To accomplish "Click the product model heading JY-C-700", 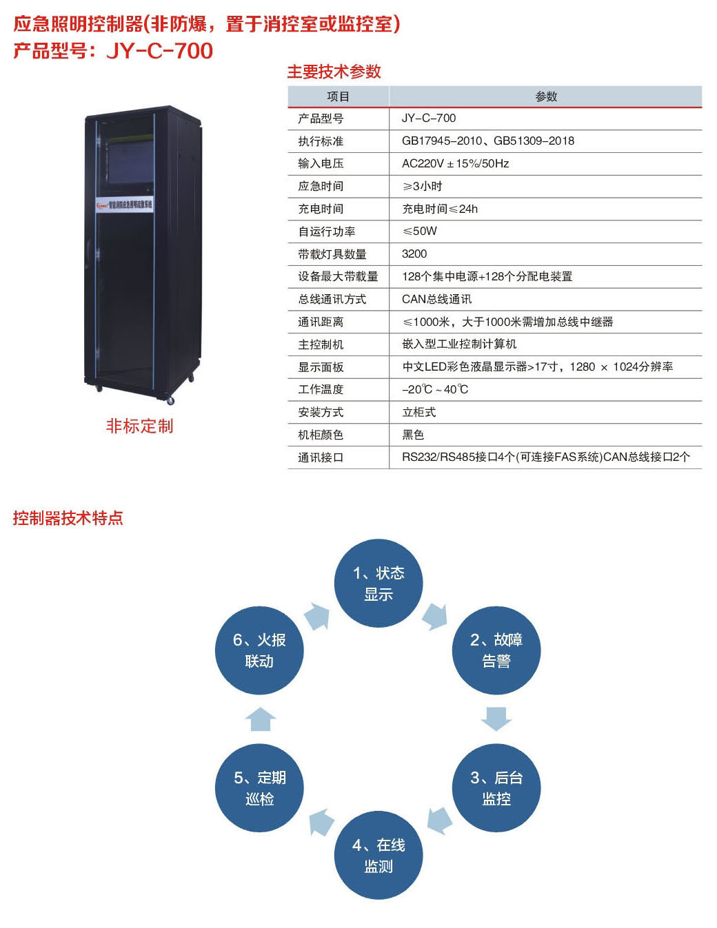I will [x=113, y=50].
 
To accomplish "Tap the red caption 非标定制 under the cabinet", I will [x=139, y=426].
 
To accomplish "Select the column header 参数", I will [x=545, y=96].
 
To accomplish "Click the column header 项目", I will [x=338, y=96].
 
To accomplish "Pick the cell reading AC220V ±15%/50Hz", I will [x=455, y=163].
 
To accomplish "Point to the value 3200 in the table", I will [x=414, y=254].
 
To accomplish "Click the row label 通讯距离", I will [x=321, y=322].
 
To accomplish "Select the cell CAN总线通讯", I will [x=437, y=299].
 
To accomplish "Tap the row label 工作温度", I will [x=321, y=389].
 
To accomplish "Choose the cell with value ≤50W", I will [x=419, y=231].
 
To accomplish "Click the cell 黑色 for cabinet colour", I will [x=413, y=435].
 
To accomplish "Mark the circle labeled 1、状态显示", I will [x=378, y=583].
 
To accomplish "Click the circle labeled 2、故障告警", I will [x=496, y=650].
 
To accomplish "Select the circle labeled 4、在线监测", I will [x=378, y=855].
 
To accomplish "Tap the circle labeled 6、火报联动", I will [x=259, y=650].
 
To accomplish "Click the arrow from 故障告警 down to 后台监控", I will [x=496, y=718].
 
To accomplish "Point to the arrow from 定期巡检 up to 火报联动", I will [x=261, y=719].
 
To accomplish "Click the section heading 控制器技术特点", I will [x=68, y=517].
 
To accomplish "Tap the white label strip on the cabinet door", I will [x=125, y=205].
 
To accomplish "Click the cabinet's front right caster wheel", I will [x=170, y=400].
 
